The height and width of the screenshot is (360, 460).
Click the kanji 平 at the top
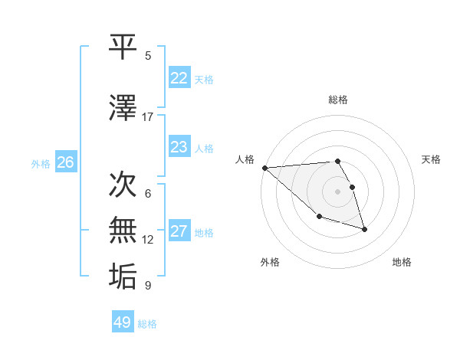coord(123,47)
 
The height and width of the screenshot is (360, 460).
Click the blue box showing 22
coord(179,78)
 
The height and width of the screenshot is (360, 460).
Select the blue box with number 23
coord(179,147)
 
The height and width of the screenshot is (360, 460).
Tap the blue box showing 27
coord(179,231)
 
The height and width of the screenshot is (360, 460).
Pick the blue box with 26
coord(65,162)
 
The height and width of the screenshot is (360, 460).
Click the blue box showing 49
coord(122,322)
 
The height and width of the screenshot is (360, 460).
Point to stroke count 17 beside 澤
coord(148,117)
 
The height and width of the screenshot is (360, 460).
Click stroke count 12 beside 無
coord(148,240)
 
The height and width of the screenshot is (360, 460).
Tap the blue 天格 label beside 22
coord(204,80)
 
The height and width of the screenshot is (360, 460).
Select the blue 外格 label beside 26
coord(41,164)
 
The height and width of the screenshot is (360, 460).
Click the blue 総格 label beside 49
coord(147,324)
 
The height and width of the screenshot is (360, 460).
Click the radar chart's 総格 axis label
coord(338,100)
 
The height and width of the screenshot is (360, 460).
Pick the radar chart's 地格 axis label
coord(402,262)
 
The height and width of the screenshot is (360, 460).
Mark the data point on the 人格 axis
coord(264,167)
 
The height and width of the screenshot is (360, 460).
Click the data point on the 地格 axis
coord(364,229)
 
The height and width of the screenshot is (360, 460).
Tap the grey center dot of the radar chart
coord(337,191)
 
